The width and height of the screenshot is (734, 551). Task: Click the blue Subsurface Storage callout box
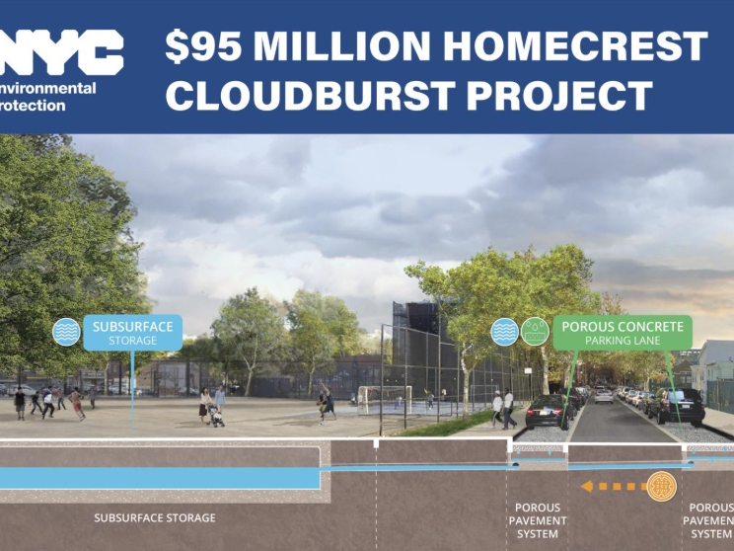133,333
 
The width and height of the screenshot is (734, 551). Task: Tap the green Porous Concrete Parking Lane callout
623,332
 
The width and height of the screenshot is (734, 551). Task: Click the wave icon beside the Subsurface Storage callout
66,332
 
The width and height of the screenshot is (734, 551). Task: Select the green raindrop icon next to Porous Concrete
535,331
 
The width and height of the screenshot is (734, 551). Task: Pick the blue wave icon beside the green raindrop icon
505,331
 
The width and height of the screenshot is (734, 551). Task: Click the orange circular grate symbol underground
662,485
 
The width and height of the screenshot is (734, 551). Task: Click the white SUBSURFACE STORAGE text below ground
154,517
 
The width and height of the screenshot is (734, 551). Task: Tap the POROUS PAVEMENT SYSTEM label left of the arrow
539,520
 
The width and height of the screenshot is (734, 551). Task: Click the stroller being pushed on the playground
215,416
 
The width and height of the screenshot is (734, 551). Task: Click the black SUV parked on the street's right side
682,405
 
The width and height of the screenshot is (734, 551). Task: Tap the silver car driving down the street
604,396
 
